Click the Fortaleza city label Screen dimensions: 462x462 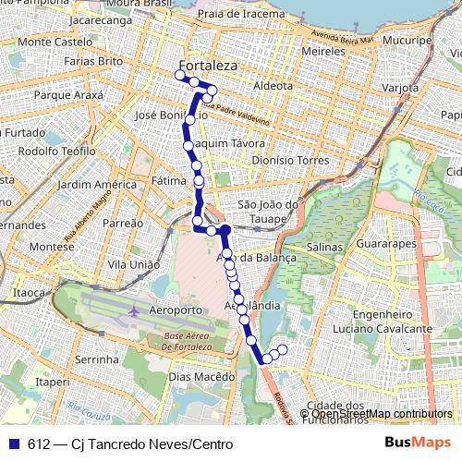208,67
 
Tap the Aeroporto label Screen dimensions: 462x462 175,309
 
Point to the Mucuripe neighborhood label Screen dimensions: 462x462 410,42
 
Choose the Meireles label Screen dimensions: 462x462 323,53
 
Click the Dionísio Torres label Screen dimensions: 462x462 290,160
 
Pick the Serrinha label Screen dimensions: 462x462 98,359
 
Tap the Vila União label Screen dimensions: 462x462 133,264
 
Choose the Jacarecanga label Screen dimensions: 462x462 100,18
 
